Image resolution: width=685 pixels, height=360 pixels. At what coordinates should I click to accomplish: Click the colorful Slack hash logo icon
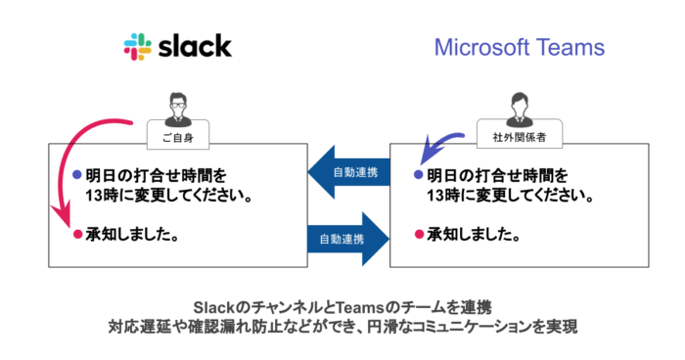139,46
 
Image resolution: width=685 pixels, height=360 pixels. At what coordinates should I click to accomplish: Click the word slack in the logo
194,46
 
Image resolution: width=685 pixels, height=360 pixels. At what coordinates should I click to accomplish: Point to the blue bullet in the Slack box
77,176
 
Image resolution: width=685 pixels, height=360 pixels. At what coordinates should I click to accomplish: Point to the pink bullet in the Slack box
77,236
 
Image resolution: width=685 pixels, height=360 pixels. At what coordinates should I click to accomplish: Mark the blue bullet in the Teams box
418,176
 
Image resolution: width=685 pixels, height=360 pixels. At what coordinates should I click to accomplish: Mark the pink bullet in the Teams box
418,236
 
